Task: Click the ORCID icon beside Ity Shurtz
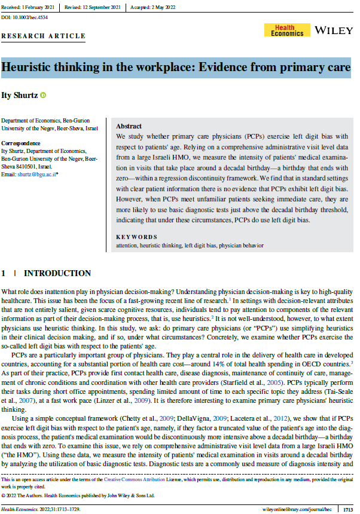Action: [43, 95]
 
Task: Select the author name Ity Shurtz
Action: [20, 95]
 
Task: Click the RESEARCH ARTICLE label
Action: [44, 36]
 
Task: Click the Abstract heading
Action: [129, 127]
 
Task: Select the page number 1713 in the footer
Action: [347, 509]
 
